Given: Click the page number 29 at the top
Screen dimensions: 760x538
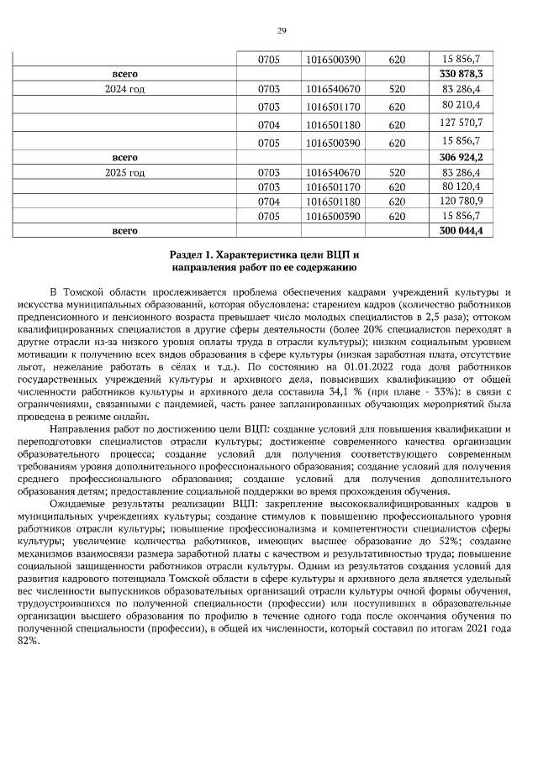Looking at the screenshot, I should [282, 31].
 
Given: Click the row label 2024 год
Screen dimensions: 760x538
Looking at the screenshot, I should [124, 88].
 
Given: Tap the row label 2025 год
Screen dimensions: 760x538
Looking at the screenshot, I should [124, 173].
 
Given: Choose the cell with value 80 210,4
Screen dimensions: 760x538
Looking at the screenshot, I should [461, 105].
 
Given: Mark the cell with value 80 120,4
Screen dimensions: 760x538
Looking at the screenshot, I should [461, 186].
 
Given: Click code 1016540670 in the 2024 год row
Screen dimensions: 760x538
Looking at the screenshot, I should [334, 88].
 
